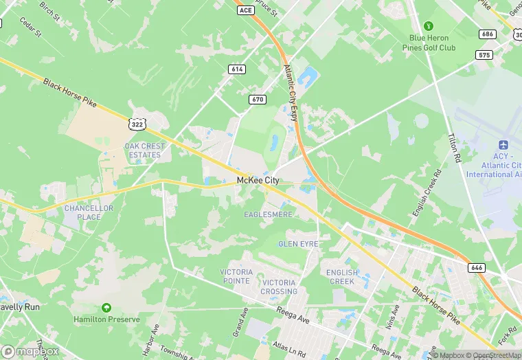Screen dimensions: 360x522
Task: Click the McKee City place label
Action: [258, 180]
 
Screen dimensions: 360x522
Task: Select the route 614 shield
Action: [237, 69]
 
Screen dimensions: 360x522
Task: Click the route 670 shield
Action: [258, 100]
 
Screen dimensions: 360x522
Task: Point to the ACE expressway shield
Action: [245, 10]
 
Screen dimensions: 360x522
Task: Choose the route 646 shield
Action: [477, 267]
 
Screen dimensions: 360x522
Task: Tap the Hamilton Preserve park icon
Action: [106, 308]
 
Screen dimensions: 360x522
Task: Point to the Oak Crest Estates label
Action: [143, 150]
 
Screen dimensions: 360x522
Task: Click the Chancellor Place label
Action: [82, 212]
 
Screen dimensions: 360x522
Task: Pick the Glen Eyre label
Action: [297, 244]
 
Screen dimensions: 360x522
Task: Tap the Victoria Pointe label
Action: [236, 277]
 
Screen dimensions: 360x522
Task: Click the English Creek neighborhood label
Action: [342, 277]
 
